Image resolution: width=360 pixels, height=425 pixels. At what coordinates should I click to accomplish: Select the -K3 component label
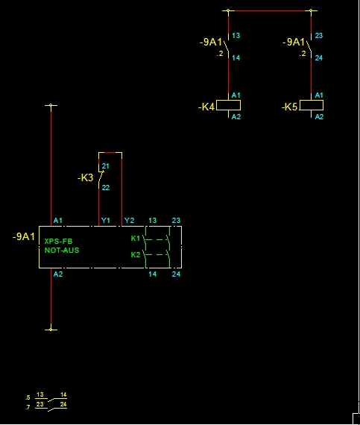click(85, 177)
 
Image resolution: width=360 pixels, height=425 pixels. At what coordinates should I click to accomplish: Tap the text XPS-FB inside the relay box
click(59, 242)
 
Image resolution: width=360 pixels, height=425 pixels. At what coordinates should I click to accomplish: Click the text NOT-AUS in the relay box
click(62, 251)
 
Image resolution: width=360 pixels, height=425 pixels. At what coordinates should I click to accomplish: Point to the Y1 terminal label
click(106, 221)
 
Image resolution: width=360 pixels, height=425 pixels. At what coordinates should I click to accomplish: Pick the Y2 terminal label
click(129, 221)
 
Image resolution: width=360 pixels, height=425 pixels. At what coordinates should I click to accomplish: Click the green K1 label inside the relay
click(136, 239)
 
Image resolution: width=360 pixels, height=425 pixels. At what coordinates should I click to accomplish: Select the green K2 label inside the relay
click(136, 255)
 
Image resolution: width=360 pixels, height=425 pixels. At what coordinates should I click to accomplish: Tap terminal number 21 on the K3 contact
click(106, 166)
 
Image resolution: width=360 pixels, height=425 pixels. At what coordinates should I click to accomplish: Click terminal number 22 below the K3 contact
click(106, 188)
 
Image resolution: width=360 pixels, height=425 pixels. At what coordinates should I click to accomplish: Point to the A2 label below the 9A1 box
click(58, 274)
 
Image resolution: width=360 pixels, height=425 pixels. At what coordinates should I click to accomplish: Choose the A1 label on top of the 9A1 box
click(58, 221)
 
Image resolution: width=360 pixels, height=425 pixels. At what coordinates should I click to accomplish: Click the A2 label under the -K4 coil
click(236, 117)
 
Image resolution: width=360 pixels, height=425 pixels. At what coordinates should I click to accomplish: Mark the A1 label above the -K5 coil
click(319, 95)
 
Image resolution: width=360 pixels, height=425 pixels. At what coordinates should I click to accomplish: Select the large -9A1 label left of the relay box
click(24, 236)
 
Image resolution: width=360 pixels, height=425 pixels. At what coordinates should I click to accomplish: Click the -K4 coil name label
click(206, 107)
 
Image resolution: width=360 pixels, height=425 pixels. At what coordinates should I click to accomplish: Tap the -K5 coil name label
click(290, 107)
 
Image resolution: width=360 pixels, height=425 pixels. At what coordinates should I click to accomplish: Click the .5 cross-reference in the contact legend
click(28, 398)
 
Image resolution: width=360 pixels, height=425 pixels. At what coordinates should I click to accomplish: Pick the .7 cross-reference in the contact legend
click(28, 407)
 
